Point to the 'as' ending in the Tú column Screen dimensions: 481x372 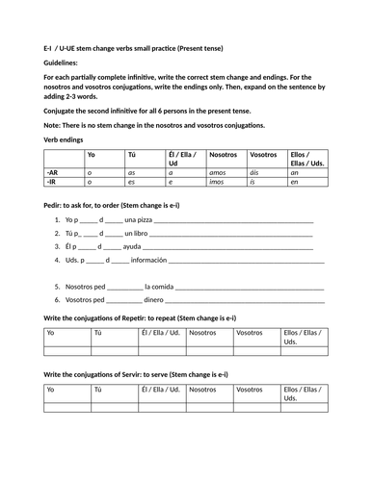[x=132, y=171]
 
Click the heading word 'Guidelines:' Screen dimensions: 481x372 [x=64, y=63]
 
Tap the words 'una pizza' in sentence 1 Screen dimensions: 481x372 [x=140, y=220]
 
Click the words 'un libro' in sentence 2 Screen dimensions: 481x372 [x=136, y=233]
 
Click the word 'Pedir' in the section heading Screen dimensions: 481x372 [x=55, y=206]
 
